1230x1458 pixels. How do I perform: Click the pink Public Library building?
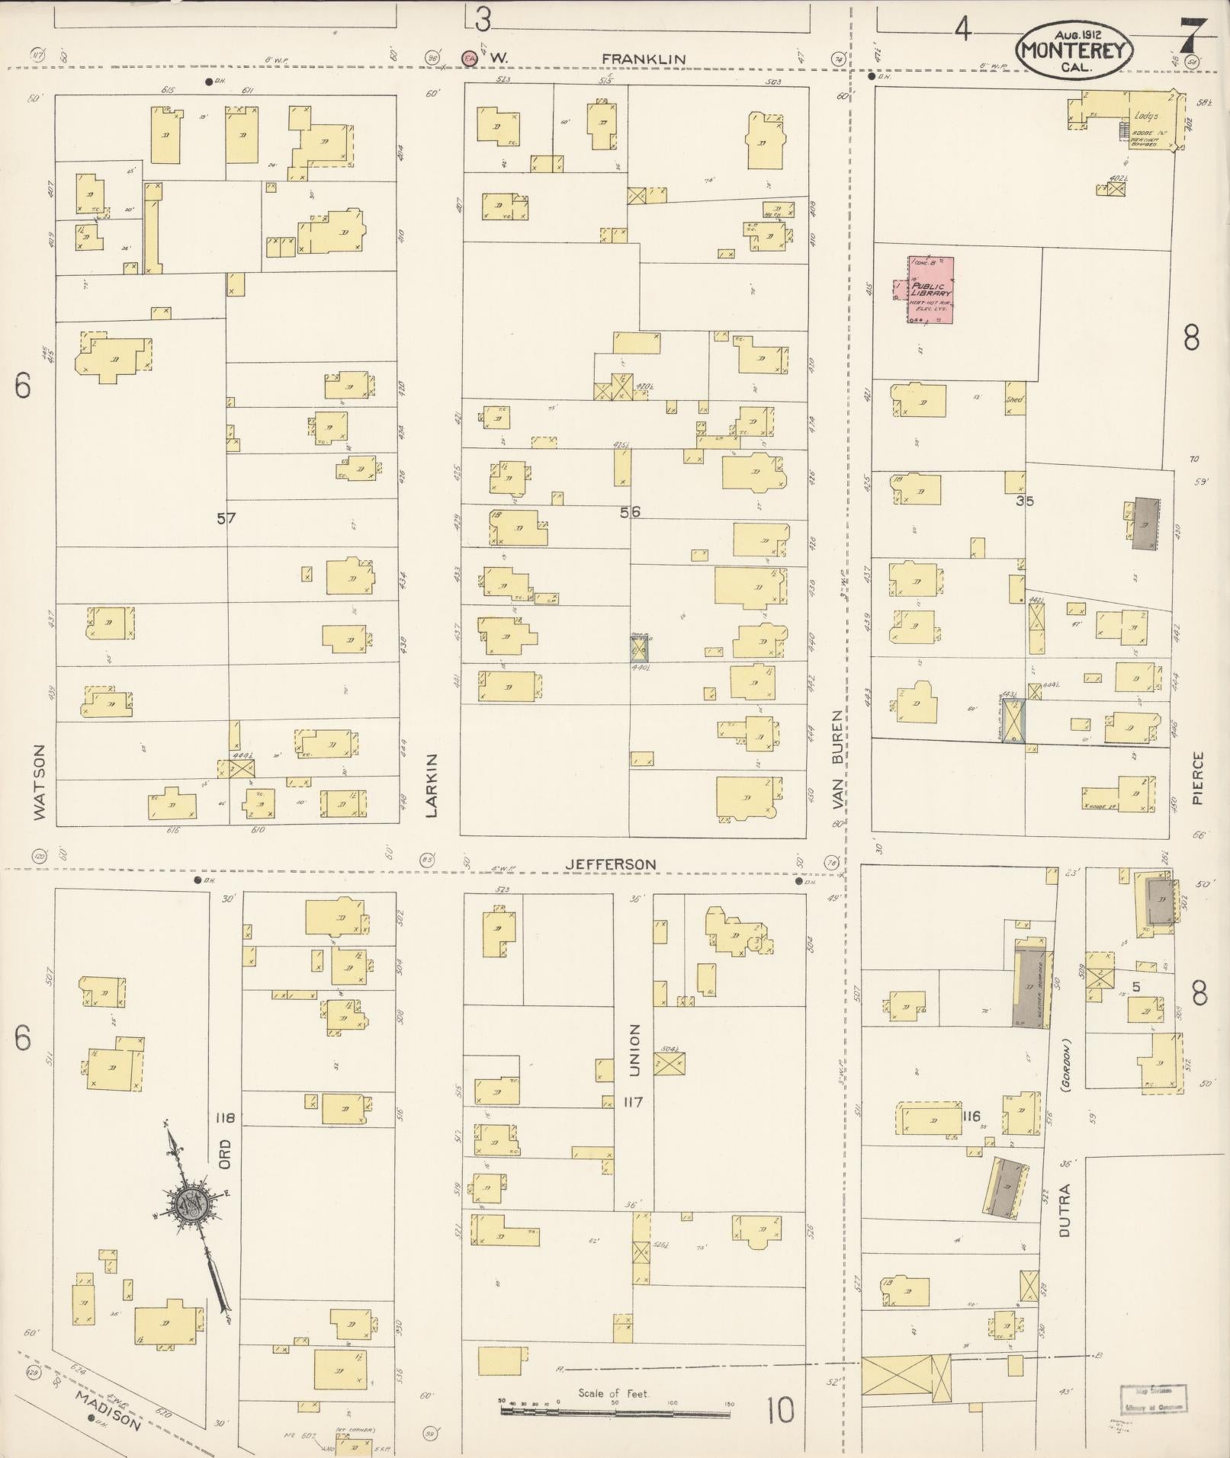[931, 290]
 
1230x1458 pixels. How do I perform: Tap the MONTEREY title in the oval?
[1073, 51]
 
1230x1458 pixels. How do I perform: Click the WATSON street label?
[40, 782]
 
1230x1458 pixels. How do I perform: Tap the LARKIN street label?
[432, 785]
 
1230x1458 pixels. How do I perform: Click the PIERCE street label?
[1197, 778]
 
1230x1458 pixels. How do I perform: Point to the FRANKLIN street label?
[643, 59]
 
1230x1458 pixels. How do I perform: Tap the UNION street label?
[634, 1049]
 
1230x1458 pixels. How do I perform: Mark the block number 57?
[226, 518]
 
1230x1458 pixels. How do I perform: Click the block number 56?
[630, 512]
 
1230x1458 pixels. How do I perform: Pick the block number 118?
[225, 1118]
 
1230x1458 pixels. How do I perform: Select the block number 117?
[633, 1102]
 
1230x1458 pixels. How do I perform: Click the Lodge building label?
[1146, 116]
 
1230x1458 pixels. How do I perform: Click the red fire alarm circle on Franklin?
[470, 57]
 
